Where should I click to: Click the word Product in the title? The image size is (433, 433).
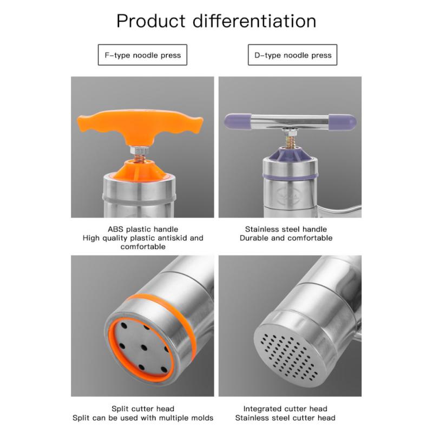(151, 21)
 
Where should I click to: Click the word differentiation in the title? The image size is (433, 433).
(254, 21)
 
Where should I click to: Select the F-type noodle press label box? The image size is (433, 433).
(142, 55)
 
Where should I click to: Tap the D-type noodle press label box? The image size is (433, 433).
(292, 55)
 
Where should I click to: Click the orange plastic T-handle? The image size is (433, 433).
(140, 124)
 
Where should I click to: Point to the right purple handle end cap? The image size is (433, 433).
(343, 122)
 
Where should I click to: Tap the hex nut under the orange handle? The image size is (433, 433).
(139, 150)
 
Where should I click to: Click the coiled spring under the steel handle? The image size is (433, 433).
(290, 141)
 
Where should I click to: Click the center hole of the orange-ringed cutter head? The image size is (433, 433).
(143, 347)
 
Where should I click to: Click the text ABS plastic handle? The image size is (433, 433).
(143, 229)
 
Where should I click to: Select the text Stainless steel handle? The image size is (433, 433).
(286, 229)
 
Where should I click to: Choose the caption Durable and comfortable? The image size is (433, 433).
(286, 238)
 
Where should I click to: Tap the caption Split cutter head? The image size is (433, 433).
(143, 409)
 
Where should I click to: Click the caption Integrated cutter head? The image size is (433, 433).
(285, 409)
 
